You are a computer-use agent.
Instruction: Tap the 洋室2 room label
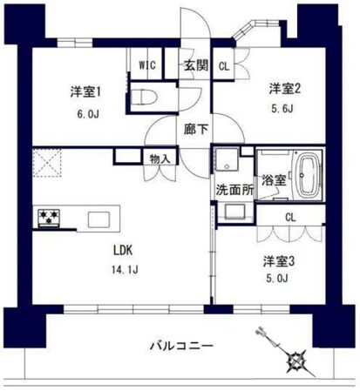click(x=284, y=88)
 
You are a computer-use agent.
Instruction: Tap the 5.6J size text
click(x=284, y=109)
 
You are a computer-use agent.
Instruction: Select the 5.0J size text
click(x=279, y=279)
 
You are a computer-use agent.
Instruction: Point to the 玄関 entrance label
click(x=194, y=64)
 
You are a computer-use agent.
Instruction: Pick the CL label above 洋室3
click(x=289, y=218)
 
